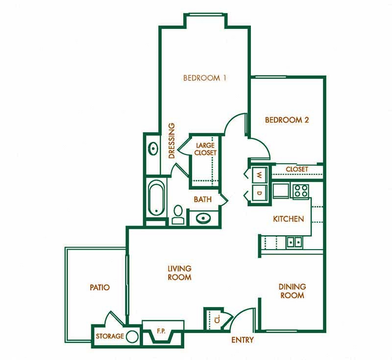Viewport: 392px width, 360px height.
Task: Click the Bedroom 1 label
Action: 204,77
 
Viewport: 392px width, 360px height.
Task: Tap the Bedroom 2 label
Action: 287,120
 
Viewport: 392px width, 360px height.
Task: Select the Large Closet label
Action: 205,149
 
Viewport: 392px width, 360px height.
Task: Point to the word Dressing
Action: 172,141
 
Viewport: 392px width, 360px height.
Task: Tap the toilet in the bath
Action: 177,214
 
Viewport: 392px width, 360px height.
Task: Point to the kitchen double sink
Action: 294,241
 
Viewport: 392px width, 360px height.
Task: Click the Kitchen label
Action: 289,219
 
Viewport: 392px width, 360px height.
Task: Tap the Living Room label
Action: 179,273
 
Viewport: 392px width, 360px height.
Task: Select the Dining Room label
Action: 292,291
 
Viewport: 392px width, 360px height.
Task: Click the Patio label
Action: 99,287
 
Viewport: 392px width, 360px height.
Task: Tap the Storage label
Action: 109,336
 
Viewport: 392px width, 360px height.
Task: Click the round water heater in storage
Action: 132,337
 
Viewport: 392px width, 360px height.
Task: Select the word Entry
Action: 243,339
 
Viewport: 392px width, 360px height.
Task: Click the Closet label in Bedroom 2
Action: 297,169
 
